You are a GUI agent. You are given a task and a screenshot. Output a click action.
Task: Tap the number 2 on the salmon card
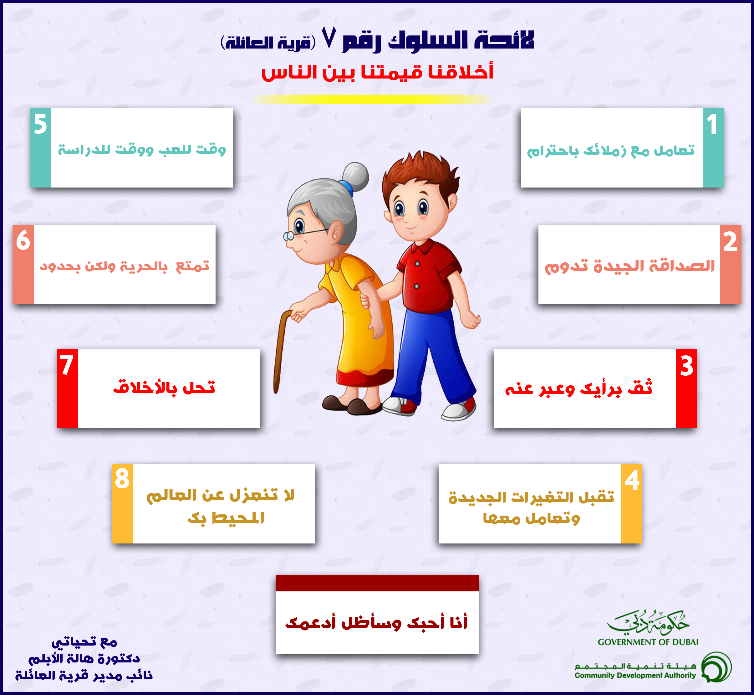point(730,241)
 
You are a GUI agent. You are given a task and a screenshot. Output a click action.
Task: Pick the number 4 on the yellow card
point(632,480)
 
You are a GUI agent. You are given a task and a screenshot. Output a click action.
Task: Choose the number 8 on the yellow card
point(122,478)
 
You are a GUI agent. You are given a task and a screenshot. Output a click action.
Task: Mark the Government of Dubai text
point(648,642)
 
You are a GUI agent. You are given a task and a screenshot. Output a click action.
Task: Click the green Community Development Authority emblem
point(717,667)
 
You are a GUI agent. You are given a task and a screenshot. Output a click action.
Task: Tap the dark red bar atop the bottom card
point(377,583)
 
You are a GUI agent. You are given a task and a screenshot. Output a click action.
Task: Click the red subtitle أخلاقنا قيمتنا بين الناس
point(377,71)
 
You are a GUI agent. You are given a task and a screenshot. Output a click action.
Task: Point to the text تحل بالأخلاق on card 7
point(164,387)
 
